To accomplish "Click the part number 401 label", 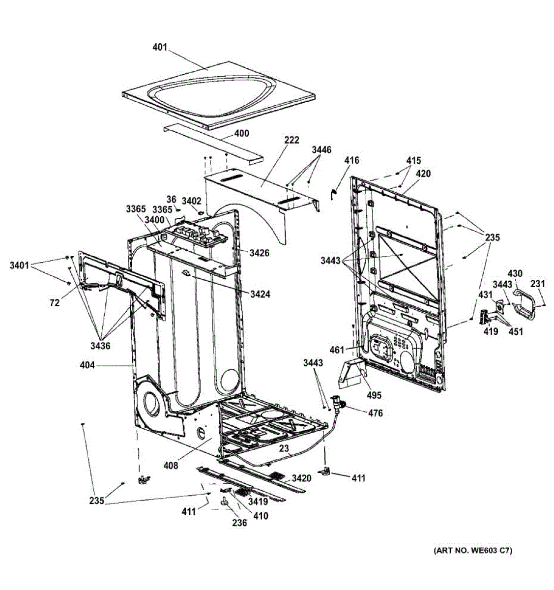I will (x=160, y=48).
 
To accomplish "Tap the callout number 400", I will (x=241, y=133).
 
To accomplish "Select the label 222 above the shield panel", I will (x=292, y=141).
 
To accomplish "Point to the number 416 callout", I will (x=351, y=160).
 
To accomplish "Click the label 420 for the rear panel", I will (x=423, y=174).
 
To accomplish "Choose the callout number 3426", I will (x=259, y=253).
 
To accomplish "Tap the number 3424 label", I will (x=260, y=295).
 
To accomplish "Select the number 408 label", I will (x=172, y=465).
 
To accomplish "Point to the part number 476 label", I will (x=375, y=413).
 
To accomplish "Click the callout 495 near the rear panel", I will (x=374, y=395).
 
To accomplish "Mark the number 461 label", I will (x=337, y=350).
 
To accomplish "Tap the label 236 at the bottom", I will (x=239, y=523).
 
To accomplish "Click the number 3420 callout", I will (x=301, y=478).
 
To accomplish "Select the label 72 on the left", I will (x=54, y=303).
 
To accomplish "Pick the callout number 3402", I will (x=191, y=201).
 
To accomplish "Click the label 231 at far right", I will (x=538, y=283).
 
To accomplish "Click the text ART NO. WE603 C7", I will (x=472, y=550).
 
